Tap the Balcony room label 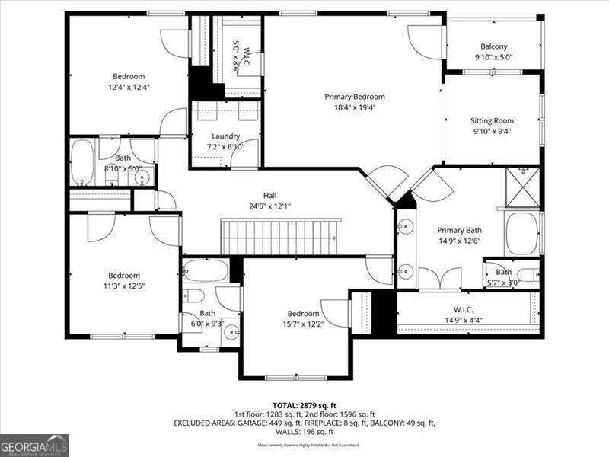pyautogui.click(x=493, y=46)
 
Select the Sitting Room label pyautogui.click(x=492, y=120)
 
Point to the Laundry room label pyautogui.click(x=225, y=136)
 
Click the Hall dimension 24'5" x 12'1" pyautogui.click(x=269, y=206)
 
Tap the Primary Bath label pyautogui.click(x=459, y=230)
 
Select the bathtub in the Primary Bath pyautogui.click(x=522, y=232)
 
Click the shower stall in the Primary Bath pyautogui.click(x=523, y=188)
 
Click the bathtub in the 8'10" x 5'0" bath pyautogui.click(x=82, y=161)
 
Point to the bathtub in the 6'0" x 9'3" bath pyautogui.click(x=206, y=270)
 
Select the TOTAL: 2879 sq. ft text pyautogui.click(x=304, y=405)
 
